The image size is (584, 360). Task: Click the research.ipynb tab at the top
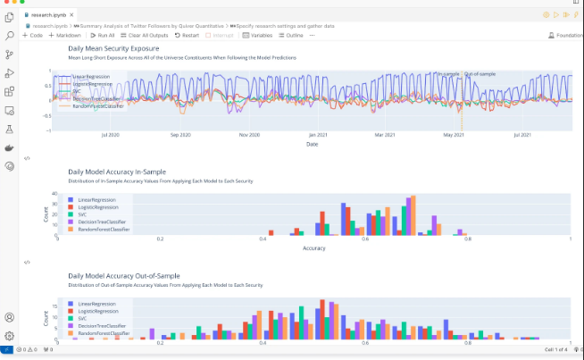tap(53, 15)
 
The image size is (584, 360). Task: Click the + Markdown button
tap(64, 35)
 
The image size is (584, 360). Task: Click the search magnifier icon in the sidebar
tap(10, 35)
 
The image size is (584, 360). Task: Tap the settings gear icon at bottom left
tap(10, 336)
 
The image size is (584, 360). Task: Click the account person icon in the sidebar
tap(10, 317)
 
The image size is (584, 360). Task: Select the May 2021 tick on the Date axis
tap(454, 135)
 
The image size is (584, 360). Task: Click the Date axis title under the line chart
tap(312, 144)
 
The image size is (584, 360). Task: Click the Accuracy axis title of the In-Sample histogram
tap(314, 247)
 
